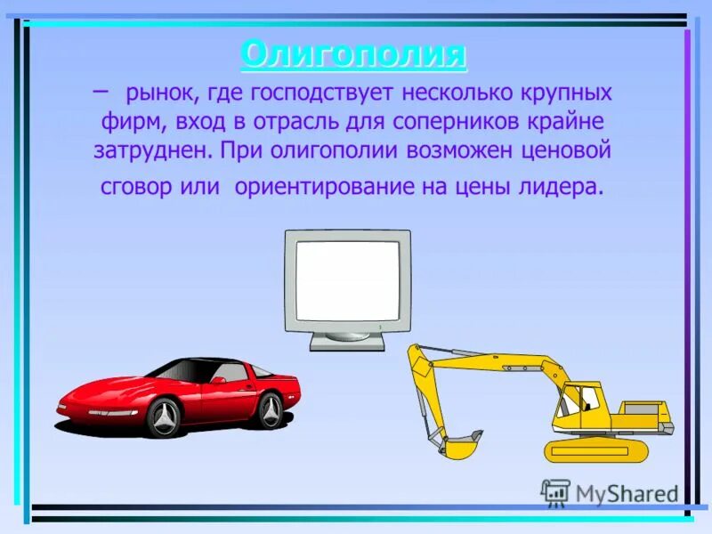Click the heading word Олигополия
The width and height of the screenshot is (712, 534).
[x=353, y=55]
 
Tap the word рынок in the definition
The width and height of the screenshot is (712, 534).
[x=158, y=93]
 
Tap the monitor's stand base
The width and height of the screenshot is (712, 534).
[x=346, y=340]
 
